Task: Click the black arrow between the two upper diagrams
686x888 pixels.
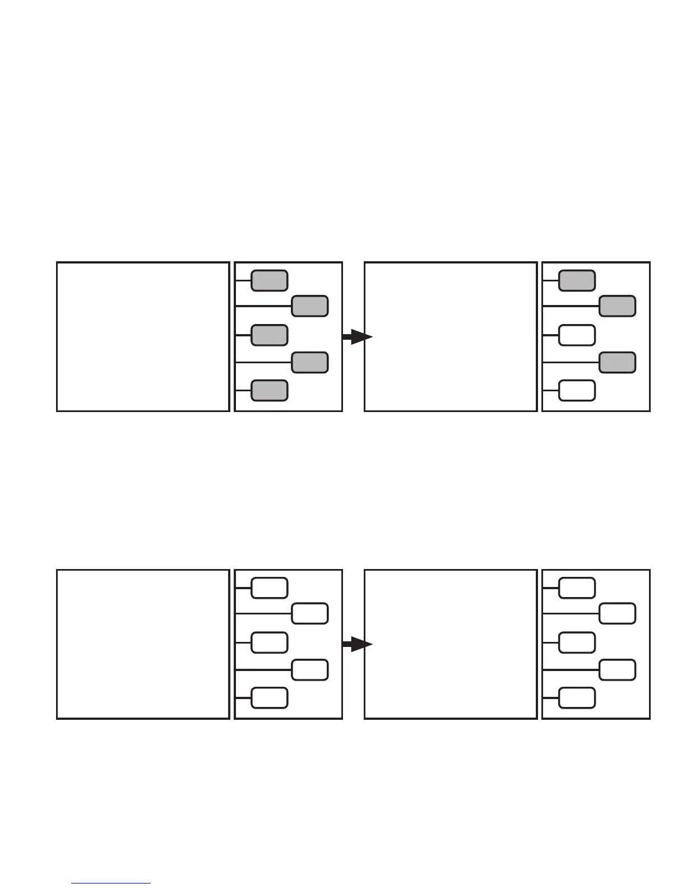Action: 357,337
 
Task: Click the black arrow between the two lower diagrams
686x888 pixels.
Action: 357,645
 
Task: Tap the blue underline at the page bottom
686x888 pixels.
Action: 112,884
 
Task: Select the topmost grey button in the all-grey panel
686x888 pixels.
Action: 270,280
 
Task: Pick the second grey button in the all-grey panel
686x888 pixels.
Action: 310,307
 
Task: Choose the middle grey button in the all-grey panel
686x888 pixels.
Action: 270,335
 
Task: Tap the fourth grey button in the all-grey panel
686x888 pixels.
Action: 310,363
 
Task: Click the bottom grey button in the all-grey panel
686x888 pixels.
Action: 270,390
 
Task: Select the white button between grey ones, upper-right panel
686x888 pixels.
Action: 577,335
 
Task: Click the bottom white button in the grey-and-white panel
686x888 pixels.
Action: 577,390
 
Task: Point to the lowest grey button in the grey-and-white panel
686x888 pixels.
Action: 617,363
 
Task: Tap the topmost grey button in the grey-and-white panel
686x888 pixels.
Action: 577,280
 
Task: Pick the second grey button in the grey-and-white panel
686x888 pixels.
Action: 617,307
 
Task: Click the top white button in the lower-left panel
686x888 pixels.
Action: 270,588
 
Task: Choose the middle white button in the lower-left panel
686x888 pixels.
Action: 270,642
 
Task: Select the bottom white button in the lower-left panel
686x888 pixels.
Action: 270,697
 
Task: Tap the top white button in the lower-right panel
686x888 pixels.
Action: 577,588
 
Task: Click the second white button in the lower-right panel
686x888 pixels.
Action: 617,614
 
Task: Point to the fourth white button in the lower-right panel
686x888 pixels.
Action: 617,670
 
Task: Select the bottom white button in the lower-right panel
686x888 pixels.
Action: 577,697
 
